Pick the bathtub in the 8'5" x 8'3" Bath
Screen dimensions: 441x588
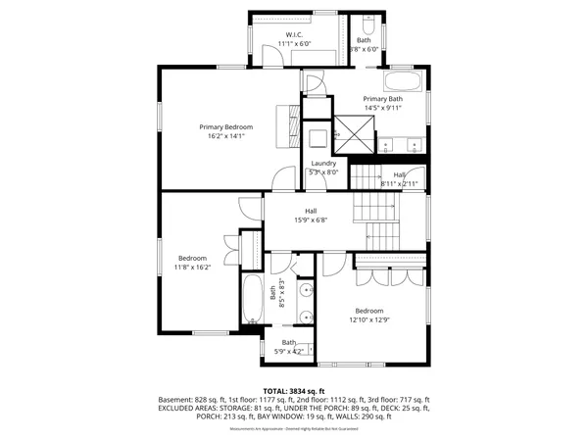point(252,299)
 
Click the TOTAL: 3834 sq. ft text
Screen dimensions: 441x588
point(294,390)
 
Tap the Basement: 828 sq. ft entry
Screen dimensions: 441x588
point(190,400)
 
